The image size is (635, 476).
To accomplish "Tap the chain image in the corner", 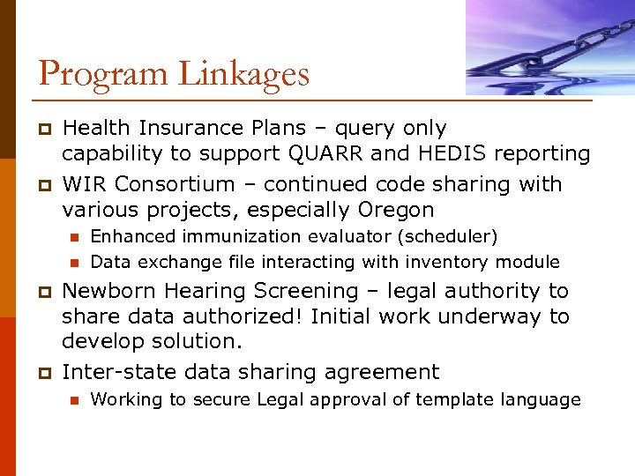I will point(550,48).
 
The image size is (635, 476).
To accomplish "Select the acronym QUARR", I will point(322,153).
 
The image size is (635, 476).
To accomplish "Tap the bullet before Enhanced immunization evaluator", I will point(73,237).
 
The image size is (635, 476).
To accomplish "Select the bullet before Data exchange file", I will point(73,263).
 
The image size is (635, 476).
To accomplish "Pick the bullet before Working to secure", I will point(73,400).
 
